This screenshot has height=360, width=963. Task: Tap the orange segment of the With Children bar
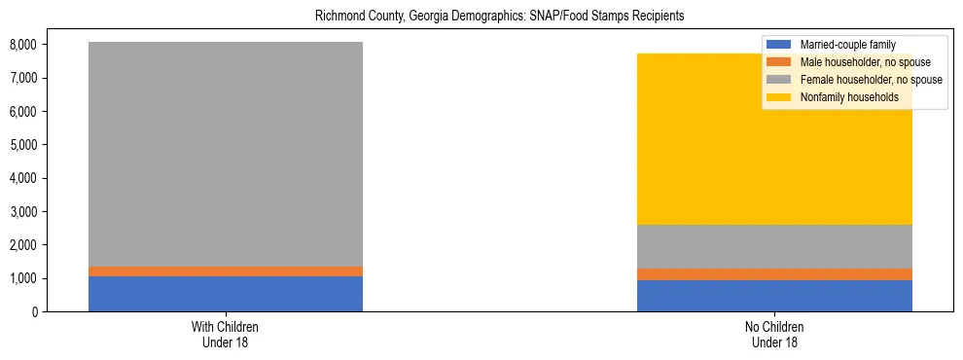(x=226, y=271)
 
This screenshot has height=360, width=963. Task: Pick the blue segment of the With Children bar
(x=226, y=294)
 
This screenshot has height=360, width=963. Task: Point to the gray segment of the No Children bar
(x=774, y=246)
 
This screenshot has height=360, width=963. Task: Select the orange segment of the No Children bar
(x=774, y=274)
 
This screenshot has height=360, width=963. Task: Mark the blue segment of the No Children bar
(x=774, y=296)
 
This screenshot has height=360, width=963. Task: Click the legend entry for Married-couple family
(x=846, y=45)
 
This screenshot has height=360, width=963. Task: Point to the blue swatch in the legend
(x=779, y=45)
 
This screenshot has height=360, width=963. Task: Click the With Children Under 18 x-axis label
(x=226, y=335)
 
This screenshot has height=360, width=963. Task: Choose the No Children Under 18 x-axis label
(x=774, y=335)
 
